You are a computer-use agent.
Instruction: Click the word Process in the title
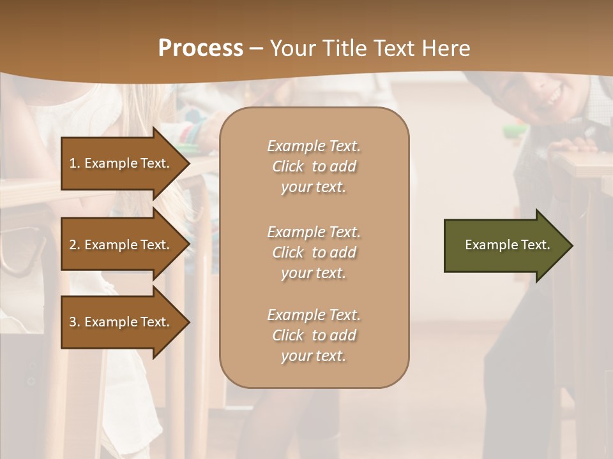tap(201, 48)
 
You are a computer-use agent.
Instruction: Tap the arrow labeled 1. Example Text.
tap(121, 163)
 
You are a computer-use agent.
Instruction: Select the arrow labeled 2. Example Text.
tap(121, 245)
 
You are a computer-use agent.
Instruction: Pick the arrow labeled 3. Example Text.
tap(121, 322)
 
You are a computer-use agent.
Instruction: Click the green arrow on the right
tap(504, 245)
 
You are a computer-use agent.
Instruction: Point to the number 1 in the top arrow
tap(73, 163)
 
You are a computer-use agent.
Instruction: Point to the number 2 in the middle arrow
tap(73, 245)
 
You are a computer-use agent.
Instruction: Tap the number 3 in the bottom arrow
tap(73, 322)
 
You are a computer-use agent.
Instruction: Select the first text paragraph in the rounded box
tap(314, 166)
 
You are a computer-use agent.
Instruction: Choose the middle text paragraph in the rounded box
tap(314, 252)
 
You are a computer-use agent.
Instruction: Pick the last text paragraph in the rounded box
tap(314, 335)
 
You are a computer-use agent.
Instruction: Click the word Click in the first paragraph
tap(287, 166)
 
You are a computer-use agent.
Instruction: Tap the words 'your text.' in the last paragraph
tap(314, 356)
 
